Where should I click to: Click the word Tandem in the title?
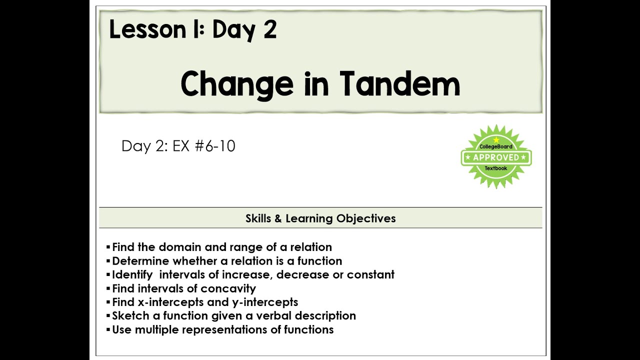(399, 83)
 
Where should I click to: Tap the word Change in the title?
(237, 84)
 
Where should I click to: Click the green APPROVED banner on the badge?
(496, 157)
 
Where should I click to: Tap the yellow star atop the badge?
(496, 139)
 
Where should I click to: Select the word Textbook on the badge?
(496, 168)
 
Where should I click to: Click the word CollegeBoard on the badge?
(496, 146)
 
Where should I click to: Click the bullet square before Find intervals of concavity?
(108, 288)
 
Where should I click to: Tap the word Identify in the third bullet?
(132, 274)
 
